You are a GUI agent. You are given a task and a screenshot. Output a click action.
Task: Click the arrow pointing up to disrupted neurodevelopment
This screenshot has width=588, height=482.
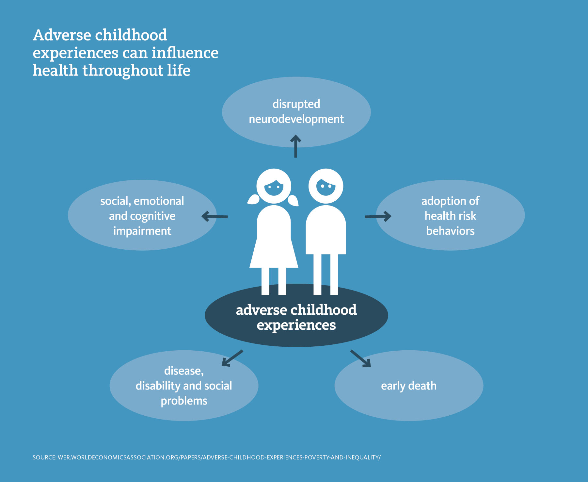point(296,146)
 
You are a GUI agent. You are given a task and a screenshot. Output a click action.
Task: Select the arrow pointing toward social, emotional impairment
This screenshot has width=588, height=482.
point(215,216)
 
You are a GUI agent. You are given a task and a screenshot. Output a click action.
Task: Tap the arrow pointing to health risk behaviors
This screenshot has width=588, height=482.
point(378,216)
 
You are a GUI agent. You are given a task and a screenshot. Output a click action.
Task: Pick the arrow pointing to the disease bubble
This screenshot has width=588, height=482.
point(232,358)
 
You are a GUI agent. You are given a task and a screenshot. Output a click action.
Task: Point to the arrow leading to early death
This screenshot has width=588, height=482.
point(360,358)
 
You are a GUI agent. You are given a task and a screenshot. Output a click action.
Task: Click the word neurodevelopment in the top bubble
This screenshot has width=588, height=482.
point(296,119)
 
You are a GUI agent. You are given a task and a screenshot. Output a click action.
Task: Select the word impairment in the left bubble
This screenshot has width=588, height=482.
point(142,231)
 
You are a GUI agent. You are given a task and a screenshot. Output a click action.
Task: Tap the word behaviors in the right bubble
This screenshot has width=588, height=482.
point(450,231)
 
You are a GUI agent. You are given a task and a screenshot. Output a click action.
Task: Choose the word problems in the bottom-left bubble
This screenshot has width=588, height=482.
point(184,401)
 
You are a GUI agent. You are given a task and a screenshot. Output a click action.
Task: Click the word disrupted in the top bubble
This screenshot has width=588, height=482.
point(296,104)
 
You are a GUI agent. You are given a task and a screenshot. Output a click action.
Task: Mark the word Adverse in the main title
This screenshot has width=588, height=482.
point(62,35)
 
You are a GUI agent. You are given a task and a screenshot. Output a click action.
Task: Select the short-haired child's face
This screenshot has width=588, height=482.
point(326,187)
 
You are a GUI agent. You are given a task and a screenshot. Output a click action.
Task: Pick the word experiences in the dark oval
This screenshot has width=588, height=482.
point(296,325)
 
